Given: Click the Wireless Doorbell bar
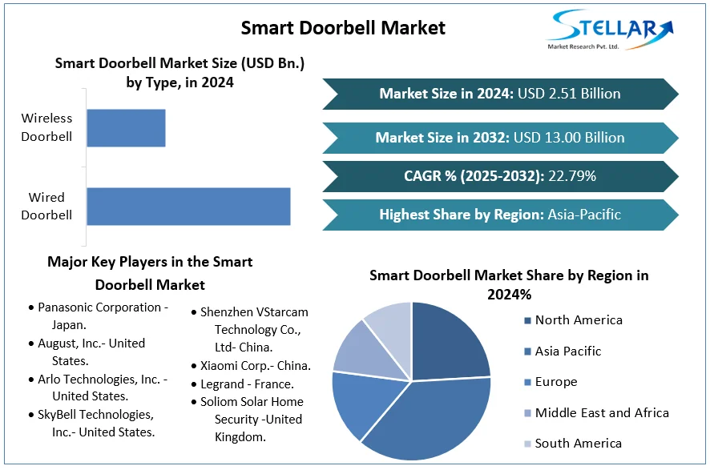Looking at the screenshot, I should (126, 128).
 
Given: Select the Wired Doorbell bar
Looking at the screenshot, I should (188, 206).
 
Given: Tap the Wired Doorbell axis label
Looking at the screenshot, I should (46, 206).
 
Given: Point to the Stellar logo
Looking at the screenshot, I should (610, 30).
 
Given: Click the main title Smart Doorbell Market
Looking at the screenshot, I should (343, 28).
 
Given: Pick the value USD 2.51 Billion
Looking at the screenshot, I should (569, 94).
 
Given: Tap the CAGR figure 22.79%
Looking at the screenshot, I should (571, 176).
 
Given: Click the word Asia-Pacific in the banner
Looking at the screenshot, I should (583, 215).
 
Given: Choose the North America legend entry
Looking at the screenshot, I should (578, 320).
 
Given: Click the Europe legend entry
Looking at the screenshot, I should (555, 382).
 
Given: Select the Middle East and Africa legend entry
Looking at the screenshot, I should (601, 413).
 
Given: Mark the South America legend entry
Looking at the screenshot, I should (578, 444).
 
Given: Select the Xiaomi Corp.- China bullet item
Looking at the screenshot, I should (255, 366).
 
